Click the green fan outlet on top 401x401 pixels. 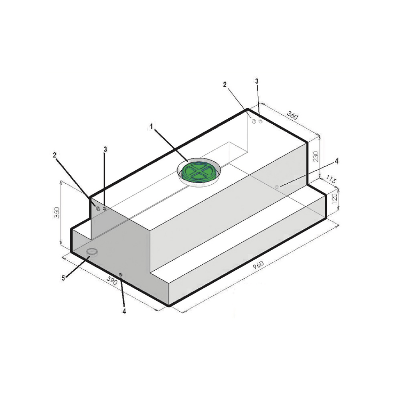click(199, 172)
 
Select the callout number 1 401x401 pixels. click(151, 126)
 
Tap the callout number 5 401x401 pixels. click(63, 278)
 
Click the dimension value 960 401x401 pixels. click(258, 265)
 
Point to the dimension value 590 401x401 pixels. click(112, 281)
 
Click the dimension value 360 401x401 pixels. click(292, 115)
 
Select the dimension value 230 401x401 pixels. click(316, 156)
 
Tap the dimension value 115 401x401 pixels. click(331, 179)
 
